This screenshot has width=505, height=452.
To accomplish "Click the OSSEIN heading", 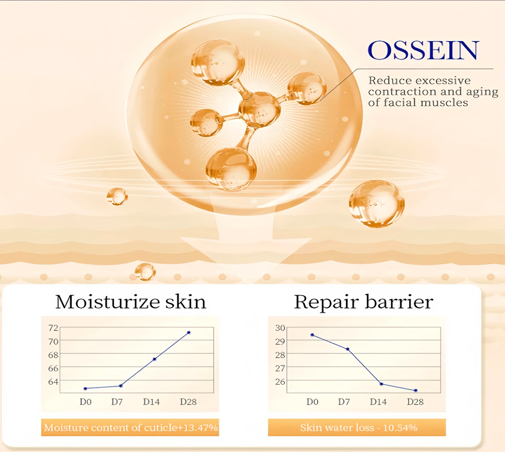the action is pyautogui.click(x=423, y=50).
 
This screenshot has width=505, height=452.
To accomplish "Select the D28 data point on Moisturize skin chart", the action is pyautogui.click(x=189, y=332).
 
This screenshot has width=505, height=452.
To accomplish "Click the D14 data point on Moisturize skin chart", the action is pyautogui.click(x=155, y=359).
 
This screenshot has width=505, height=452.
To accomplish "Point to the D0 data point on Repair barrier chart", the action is pyautogui.click(x=312, y=335).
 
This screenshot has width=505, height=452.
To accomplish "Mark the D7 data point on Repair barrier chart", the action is pyautogui.click(x=347, y=349).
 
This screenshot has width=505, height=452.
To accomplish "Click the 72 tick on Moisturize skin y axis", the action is pyautogui.click(x=53, y=328).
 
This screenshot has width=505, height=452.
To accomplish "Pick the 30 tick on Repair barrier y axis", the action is pyautogui.click(x=280, y=328).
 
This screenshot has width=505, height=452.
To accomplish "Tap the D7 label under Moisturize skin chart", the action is pyautogui.click(x=117, y=402).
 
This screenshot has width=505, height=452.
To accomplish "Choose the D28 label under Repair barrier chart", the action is pyautogui.click(x=415, y=402).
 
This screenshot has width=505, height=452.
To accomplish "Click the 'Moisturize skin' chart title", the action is pyautogui.click(x=130, y=302).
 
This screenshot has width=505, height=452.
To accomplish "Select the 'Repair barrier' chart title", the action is pyautogui.click(x=364, y=302).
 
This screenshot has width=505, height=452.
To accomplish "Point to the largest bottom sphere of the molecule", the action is pyautogui.click(x=231, y=170).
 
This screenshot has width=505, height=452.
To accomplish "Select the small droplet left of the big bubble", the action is pyautogui.click(x=117, y=196).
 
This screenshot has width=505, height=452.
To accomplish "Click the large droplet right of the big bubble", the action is pyautogui.click(x=376, y=203).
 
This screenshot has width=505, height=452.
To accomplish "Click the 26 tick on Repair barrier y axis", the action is pyautogui.click(x=280, y=381).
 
